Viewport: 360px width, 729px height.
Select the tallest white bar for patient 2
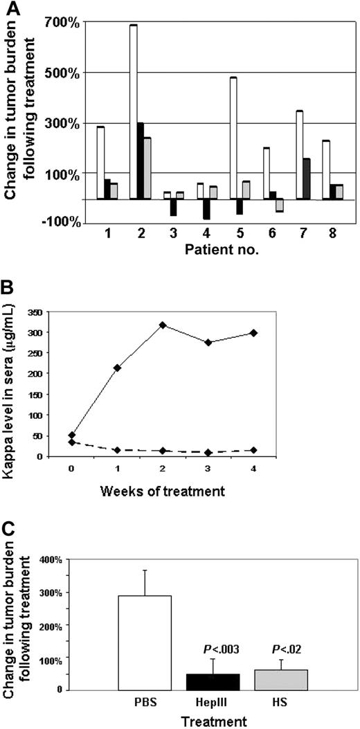134,111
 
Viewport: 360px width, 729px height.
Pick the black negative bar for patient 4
206,209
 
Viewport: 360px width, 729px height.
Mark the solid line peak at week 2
221,325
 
